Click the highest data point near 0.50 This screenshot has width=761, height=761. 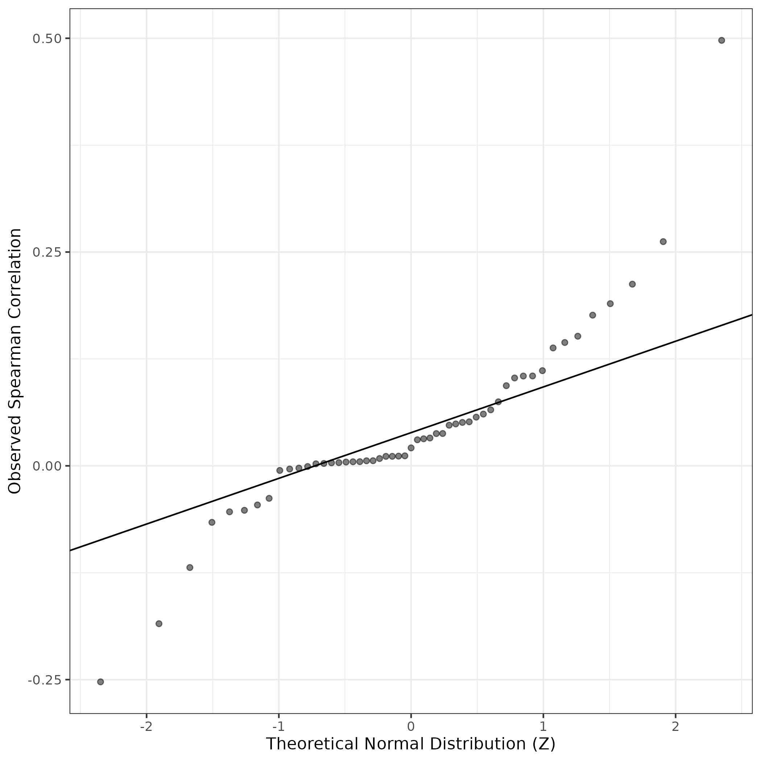[x=721, y=40]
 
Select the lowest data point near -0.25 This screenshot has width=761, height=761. [x=100, y=682]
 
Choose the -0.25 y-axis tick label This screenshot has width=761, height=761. [x=44, y=680]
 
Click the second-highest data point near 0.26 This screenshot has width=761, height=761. [x=663, y=241]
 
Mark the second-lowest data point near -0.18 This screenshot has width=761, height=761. [x=159, y=624]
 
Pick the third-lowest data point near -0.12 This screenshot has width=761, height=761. [x=190, y=567]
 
